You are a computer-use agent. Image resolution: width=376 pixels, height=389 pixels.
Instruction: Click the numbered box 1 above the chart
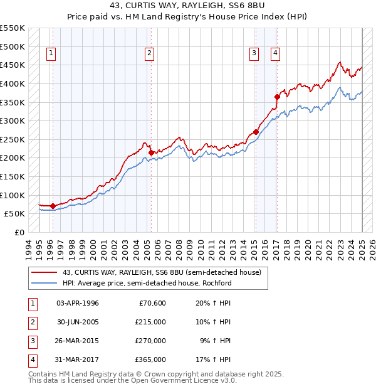(x=51, y=53)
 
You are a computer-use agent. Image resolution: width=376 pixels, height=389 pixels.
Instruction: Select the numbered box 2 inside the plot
(x=150, y=53)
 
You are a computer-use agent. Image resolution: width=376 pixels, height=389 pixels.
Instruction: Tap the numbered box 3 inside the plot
(x=254, y=53)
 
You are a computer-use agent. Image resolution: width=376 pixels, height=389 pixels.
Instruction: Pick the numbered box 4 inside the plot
(x=275, y=53)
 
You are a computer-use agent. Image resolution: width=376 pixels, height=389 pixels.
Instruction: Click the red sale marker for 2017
(x=276, y=97)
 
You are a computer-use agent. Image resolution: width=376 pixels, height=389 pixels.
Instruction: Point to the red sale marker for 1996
(x=53, y=206)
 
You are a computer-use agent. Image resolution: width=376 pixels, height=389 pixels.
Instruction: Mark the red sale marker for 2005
(x=151, y=152)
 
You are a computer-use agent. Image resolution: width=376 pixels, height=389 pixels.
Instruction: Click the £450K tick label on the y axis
(x=13, y=65)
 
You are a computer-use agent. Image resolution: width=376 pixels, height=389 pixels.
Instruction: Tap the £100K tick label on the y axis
(x=13, y=195)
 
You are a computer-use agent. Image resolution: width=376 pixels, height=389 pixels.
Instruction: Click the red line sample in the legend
(x=44, y=272)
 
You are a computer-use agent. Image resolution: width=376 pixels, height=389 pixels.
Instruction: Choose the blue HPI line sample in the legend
(x=44, y=283)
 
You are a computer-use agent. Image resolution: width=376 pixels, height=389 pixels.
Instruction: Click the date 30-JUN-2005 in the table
(x=78, y=322)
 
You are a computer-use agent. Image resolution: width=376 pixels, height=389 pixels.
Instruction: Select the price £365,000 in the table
(x=150, y=360)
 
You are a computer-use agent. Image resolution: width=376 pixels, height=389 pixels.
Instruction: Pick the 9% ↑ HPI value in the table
(x=215, y=341)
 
